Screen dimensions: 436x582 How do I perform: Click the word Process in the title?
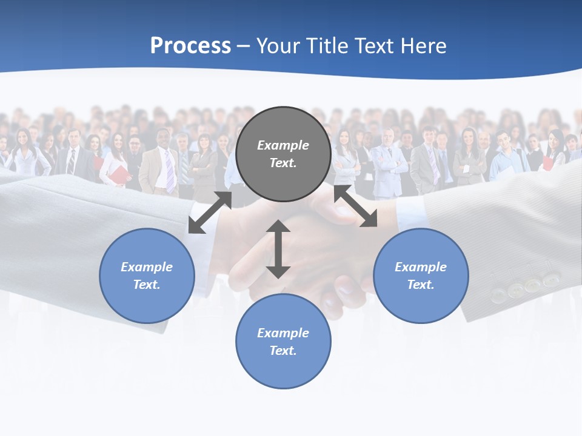point(190,46)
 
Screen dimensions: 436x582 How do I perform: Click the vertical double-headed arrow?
point(278,249)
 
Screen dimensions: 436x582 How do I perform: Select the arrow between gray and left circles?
point(210,213)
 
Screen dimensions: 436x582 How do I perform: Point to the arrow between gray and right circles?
point(356,206)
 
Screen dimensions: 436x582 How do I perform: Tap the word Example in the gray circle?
point(283,145)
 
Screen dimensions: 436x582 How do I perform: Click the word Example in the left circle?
point(147,267)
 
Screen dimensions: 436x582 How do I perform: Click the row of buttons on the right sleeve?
point(525,287)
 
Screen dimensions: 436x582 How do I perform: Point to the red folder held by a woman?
point(119,175)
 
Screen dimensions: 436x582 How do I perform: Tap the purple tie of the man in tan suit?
point(169,171)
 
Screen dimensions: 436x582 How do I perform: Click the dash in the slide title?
point(244,47)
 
